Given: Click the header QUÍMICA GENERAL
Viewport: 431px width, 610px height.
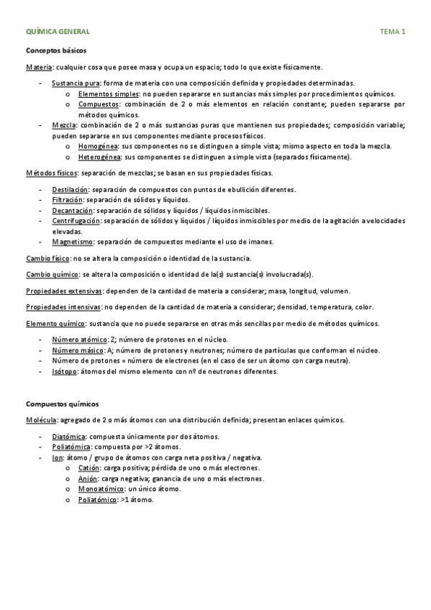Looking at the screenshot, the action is point(58,32).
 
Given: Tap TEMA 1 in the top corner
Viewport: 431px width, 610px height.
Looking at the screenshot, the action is point(392,32).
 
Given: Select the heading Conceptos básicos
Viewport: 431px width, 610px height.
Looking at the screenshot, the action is point(56,52).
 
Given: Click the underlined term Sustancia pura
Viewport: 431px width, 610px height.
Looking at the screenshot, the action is point(76,83).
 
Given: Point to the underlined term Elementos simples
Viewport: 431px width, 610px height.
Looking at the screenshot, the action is point(109,94).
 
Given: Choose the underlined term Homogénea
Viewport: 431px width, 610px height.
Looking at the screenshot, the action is point(99,146).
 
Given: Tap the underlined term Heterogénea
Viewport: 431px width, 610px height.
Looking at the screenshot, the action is point(100,156).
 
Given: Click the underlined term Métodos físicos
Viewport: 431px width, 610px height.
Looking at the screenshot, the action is point(52,173).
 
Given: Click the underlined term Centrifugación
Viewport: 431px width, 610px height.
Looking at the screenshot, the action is point(76,221).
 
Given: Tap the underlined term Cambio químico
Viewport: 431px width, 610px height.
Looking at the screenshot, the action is point(53,274).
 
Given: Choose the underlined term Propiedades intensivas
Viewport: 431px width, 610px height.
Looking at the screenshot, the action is point(63,306).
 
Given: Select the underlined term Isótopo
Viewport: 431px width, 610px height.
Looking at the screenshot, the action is point(66,371).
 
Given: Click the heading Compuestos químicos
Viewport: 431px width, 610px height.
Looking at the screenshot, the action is point(63,404).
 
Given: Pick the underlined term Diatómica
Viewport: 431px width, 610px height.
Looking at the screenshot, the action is point(69,437).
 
